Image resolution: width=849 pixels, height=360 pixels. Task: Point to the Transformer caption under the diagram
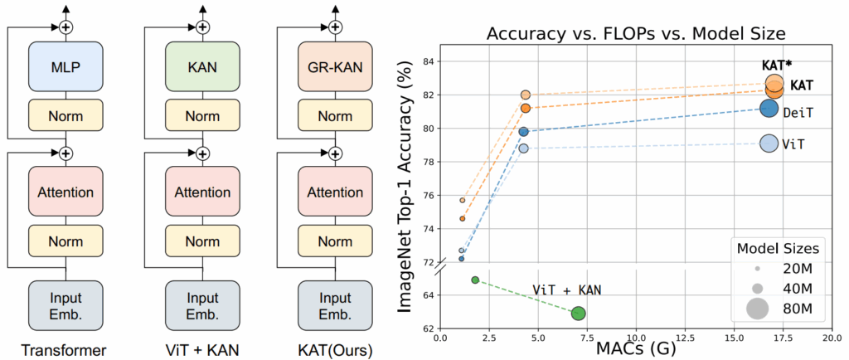(x=65, y=349)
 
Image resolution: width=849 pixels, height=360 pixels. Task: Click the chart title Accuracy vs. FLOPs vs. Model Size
(x=635, y=33)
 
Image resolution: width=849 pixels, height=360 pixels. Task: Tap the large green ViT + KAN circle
(x=579, y=313)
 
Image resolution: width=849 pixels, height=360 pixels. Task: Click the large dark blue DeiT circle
(x=769, y=108)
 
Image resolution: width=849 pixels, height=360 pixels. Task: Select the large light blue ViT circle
(x=769, y=144)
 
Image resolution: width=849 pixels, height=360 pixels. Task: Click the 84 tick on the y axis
(x=428, y=61)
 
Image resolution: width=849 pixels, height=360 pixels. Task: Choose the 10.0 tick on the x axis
(x=636, y=338)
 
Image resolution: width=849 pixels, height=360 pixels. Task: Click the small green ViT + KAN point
(x=475, y=280)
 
